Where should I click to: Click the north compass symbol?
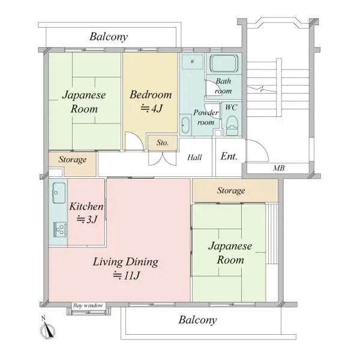click(47, 329)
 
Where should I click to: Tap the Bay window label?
click(88, 305)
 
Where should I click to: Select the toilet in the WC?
click(232, 125)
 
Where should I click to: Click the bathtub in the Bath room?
click(224, 64)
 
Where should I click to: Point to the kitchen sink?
click(59, 193)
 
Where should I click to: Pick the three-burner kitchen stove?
click(60, 229)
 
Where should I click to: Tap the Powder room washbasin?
click(185, 125)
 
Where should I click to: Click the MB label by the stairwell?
click(279, 168)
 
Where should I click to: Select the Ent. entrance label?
click(229, 157)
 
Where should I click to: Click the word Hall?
click(194, 157)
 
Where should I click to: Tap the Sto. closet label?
click(163, 143)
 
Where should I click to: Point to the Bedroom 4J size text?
click(151, 108)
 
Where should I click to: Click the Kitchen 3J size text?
click(87, 220)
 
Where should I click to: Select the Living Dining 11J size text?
click(126, 275)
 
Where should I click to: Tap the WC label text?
click(231, 107)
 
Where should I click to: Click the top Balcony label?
click(109, 37)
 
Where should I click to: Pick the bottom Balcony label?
click(197, 320)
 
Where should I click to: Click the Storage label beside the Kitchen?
click(73, 160)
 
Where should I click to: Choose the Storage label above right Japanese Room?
click(231, 191)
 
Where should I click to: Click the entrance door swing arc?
click(262, 146)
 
